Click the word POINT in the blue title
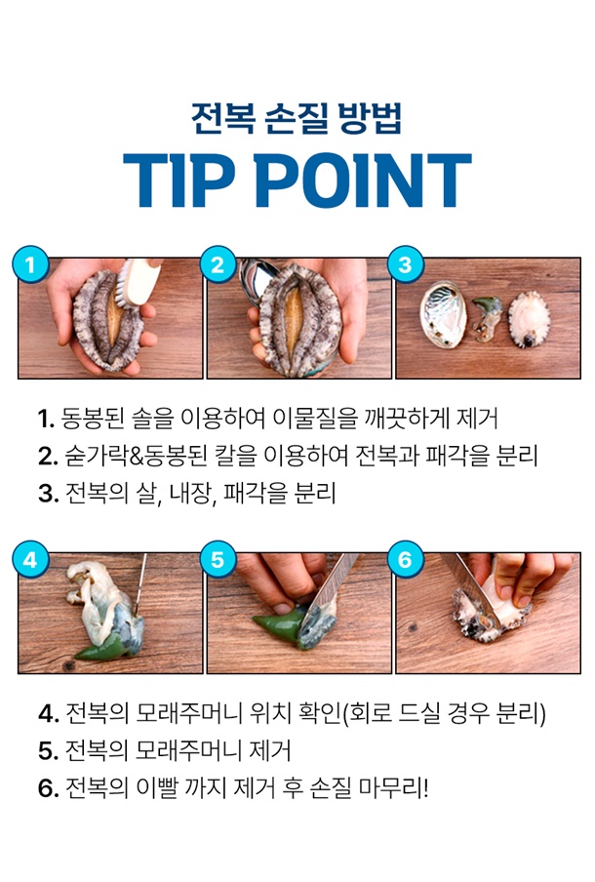[364, 180]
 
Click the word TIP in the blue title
[179, 180]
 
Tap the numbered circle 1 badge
[31, 263]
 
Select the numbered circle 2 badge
[218, 263]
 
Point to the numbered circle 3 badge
[406, 263]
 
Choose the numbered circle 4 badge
[31, 559]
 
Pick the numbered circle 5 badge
[218, 559]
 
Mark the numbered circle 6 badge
[406, 559]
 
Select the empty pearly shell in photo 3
[443, 315]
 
